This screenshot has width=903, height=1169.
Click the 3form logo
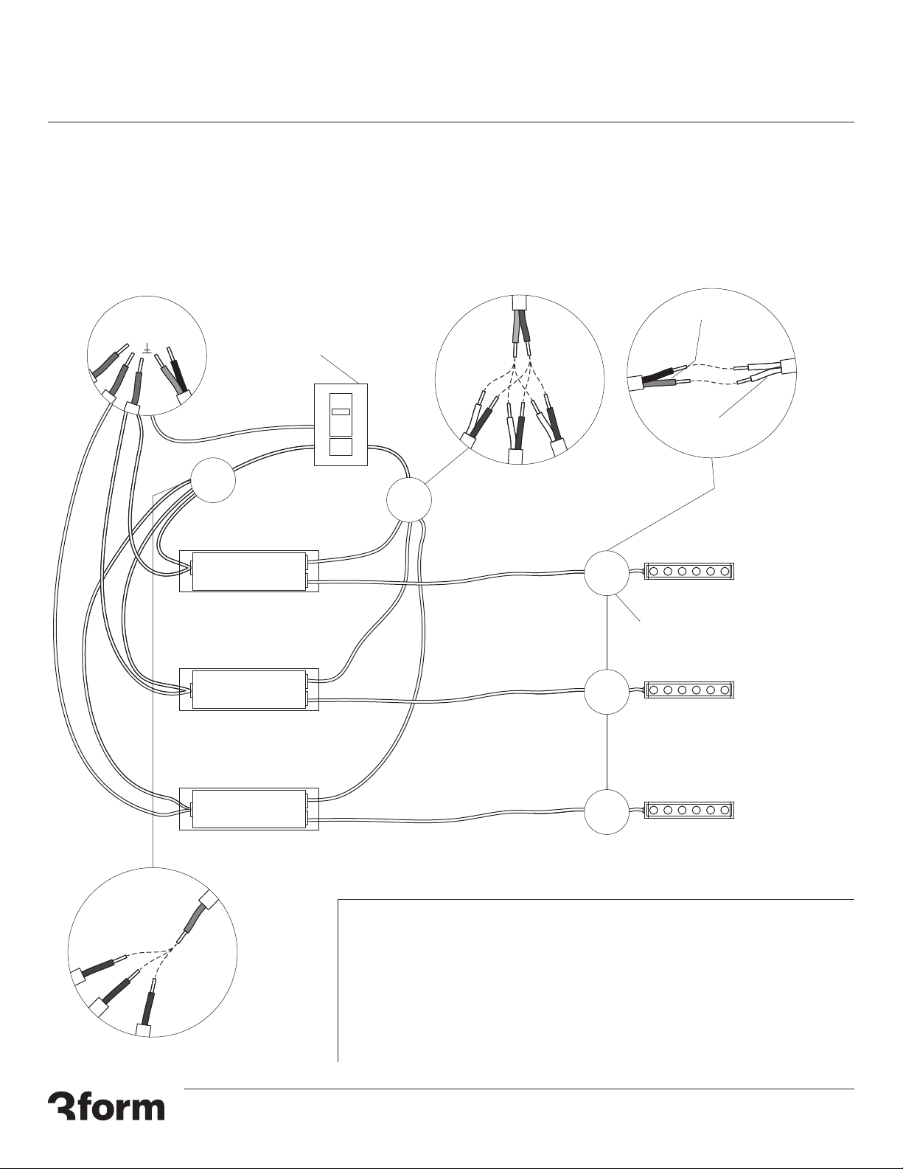coord(106,1106)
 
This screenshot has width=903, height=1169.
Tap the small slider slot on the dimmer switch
coord(341,412)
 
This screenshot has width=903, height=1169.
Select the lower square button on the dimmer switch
coord(341,447)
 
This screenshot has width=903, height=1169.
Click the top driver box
coord(249,571)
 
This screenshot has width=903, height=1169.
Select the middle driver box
coord(249,690)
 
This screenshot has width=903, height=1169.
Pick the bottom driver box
coord(249,809)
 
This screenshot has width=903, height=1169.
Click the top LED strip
coord(690,571)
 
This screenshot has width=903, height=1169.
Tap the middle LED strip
coord(690,690)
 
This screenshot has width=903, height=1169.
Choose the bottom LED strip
coord(690,810)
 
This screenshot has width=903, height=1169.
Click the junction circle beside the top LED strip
coord(607,572)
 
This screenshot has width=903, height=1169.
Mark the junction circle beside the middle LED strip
coord(607,692)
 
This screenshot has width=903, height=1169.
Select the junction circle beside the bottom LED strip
coord(607,811)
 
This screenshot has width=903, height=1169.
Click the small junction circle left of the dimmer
coord(213,480)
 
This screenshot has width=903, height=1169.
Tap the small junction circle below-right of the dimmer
coord(409,500)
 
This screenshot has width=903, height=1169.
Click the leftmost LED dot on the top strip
coord(654,571)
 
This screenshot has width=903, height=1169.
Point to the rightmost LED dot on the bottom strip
coord(725,810)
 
